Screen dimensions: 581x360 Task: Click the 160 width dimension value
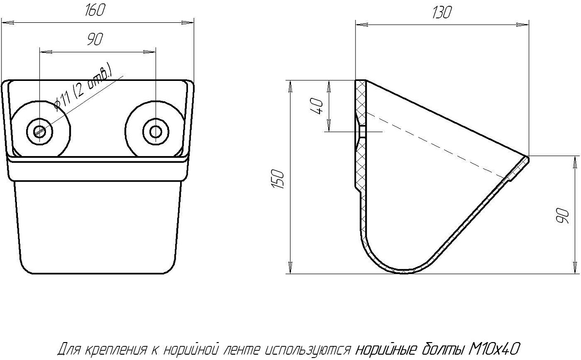tap(95, 10)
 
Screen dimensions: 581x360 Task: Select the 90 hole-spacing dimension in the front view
tap(95, 39)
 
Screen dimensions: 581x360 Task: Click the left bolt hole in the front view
tap(40, 132)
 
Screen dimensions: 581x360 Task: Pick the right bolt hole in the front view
tap(155, 132)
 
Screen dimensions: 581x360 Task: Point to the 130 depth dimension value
tap(442, 12)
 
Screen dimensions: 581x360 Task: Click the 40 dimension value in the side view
tap(317, 107)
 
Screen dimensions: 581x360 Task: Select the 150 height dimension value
tap(277, 179)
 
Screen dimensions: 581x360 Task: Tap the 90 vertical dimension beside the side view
tap(562, 216)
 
